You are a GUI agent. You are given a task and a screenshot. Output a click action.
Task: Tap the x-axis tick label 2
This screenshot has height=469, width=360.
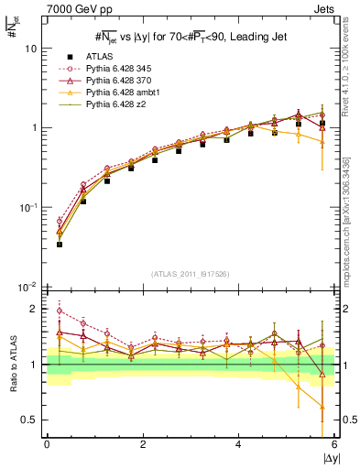click(x=143, y=444)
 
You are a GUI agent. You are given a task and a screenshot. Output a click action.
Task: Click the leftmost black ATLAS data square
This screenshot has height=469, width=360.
click(x=59, y=245)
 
